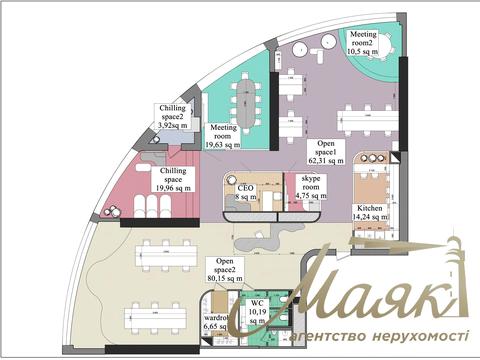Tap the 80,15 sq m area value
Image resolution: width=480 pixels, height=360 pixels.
click(224, 279)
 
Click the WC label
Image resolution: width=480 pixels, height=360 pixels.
click(257, 302)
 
